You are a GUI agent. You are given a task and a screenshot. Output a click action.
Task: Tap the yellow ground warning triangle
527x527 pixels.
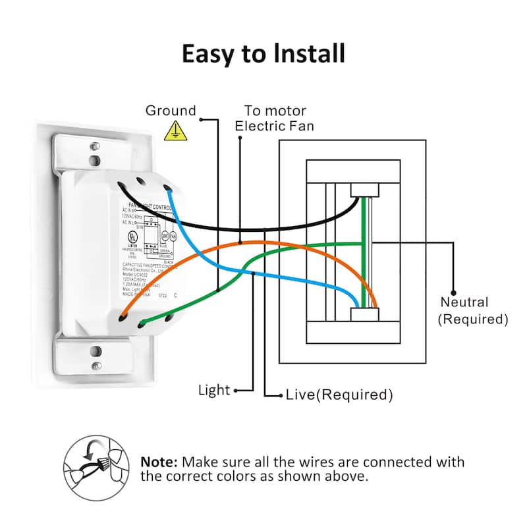(x=175, y=130)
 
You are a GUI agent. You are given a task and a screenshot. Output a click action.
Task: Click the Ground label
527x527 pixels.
(x=171, y=111)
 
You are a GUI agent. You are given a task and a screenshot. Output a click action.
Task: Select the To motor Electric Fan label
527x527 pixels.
(x=275, y=118)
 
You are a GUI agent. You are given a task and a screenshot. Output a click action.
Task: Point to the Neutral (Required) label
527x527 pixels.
(x=473, y=311)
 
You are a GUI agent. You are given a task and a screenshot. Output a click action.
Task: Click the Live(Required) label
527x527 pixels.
(x=339, y=395)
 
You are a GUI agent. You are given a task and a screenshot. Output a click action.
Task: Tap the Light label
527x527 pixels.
(x=214, y=390)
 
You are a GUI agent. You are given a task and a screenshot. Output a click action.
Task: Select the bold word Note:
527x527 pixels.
(x=159, y=462)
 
